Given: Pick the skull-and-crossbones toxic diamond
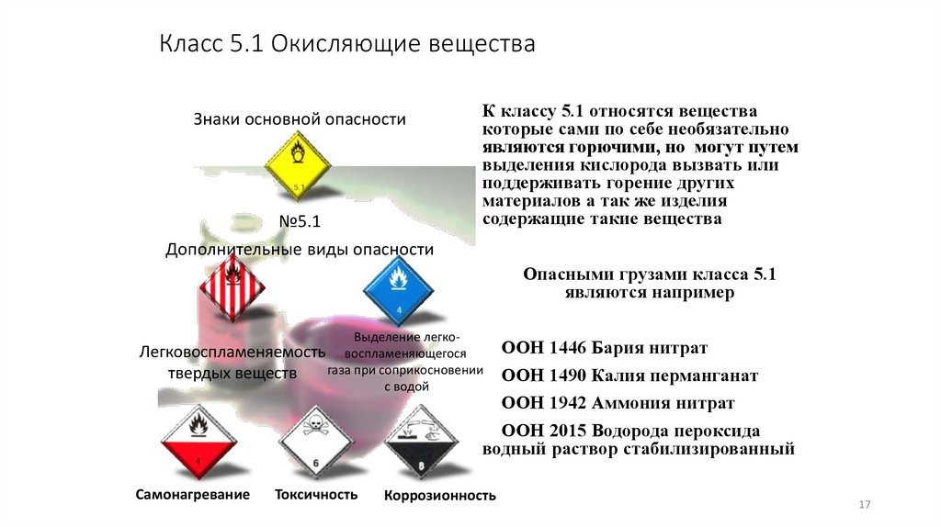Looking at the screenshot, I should pos(314,444).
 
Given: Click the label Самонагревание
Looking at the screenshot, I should pos(193,495).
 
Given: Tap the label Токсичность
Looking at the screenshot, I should pos(316,495).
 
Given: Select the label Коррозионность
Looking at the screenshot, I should pos(440,496).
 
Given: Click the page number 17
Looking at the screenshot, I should pos(864,506).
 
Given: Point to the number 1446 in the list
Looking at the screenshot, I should pos(566,350).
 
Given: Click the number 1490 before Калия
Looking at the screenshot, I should pos(566,376).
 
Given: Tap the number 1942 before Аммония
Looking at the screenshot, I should pos(566,403).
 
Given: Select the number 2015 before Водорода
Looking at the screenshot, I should pos(566,431).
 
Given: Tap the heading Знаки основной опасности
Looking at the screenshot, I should pos(300,119).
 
